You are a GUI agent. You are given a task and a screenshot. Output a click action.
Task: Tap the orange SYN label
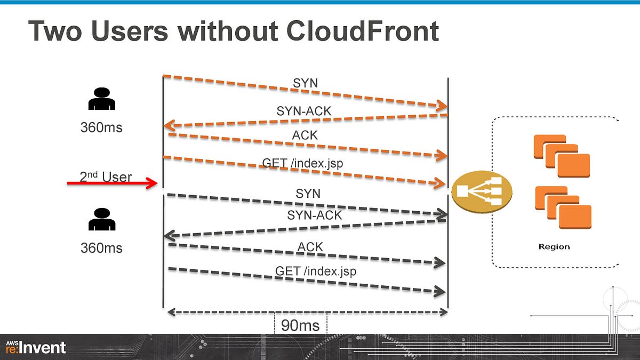[x=305, y=83]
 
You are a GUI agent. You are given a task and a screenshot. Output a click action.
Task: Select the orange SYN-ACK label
[x=304, y=111]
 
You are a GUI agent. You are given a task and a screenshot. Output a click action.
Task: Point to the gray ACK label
[x=310, y=246]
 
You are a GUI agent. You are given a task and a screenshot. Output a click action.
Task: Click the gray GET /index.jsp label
[x=316, y=271]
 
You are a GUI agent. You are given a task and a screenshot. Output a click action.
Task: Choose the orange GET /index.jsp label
[x=302, y=163]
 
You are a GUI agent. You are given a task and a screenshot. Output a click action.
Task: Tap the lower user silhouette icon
[x=101, y=219]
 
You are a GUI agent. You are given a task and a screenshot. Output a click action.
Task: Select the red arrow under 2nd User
[x=113, y=183]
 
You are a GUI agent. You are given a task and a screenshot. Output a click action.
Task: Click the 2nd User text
[x=106, y=177]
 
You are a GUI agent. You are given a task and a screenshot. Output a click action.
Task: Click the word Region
[x=554, y=247]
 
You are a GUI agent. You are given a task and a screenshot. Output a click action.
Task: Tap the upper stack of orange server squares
[x=562, y=156]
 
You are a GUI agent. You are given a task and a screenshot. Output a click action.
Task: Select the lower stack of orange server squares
[x=563, y=208]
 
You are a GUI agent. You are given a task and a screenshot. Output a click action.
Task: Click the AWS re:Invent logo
[x=36, y=348]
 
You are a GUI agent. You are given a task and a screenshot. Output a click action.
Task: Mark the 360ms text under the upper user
[x=101, y=128]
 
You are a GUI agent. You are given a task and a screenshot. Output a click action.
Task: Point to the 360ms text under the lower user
[x=101, y=248]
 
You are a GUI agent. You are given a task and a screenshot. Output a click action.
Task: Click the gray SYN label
[x=308, y=194]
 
